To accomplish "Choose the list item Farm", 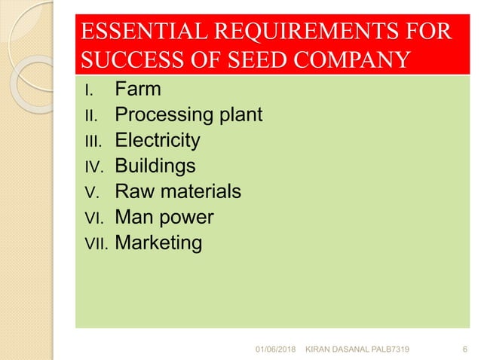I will click(137, 90).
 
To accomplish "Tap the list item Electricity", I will click(157, 141).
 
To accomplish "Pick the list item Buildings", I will click(155, 166).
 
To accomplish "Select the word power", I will click(188, 218).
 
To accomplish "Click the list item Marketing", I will click(158, 243).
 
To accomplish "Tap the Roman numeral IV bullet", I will click(94, 167).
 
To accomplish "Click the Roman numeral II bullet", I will click(91, 116).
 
